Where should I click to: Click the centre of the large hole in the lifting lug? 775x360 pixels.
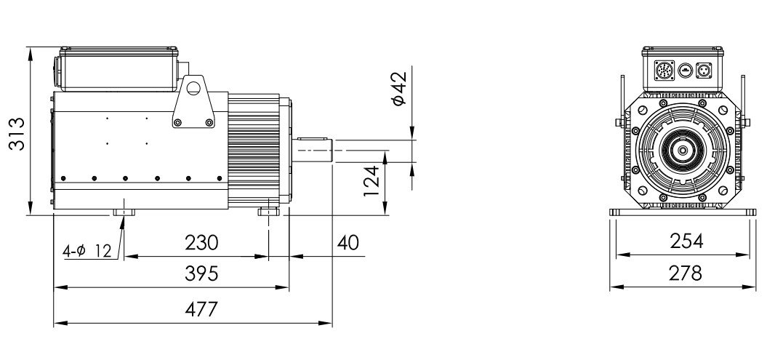coord(193,88)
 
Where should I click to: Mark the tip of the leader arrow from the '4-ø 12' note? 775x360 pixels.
coord(123,216)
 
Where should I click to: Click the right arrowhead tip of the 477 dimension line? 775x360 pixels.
coord(332,324)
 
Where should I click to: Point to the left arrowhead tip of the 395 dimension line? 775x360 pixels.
coord(54,287)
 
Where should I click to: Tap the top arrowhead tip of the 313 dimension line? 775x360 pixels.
coord(31,47)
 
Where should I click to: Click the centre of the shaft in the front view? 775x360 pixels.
coord(683,151)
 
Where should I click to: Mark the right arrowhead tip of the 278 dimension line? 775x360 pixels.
coord(755,287)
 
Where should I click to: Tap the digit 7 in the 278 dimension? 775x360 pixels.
coord(685,273)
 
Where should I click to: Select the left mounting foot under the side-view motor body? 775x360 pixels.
coord(124,212)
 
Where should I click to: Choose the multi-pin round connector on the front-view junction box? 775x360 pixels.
coord(664,71)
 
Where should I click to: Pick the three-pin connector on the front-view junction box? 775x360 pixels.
coord(703,71)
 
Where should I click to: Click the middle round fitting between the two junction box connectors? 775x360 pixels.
coord(685,71)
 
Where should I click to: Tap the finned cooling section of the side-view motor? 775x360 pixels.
coord(254,151)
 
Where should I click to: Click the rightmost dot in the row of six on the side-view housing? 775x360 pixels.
coord(220,178)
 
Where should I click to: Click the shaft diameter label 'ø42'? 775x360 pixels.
coord(398,89)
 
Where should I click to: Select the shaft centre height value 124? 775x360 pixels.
coord(372,180)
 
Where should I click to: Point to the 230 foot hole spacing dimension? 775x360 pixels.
coord(201,243)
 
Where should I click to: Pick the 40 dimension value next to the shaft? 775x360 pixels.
coord(348,243)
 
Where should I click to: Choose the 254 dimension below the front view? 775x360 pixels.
coord(686,241)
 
